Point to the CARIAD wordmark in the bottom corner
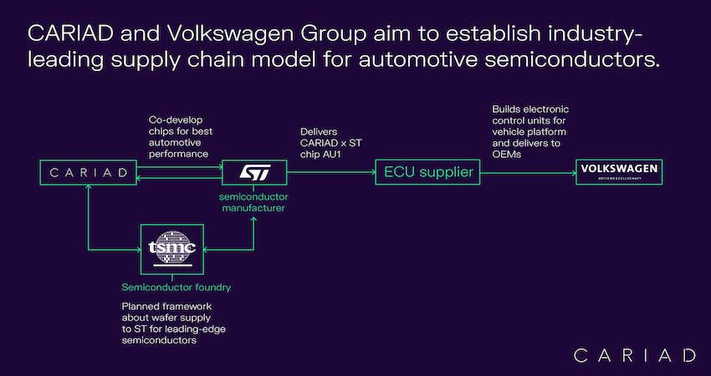click(x=634, y=355)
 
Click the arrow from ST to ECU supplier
click(x=331, y=173)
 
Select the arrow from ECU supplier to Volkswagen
click(x=528, y=173)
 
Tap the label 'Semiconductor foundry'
click(x=176, y=287)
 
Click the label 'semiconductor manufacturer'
click(x=253, y=202)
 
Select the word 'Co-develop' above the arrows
click(x=176, y=120)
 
